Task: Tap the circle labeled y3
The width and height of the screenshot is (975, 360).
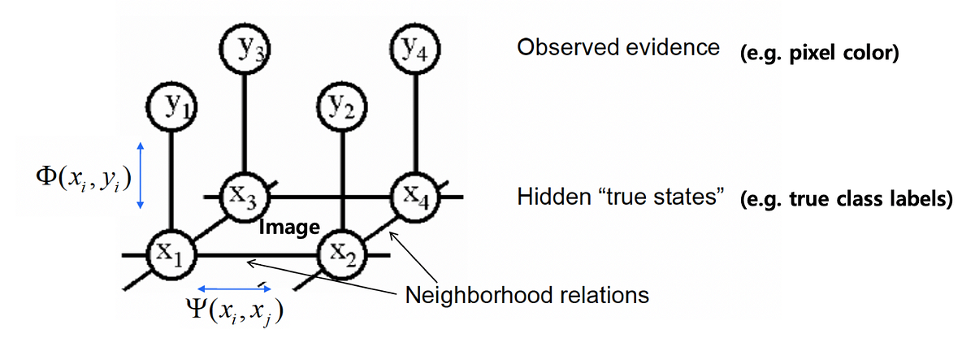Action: pos(245,49)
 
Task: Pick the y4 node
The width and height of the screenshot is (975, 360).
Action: pos(416,50)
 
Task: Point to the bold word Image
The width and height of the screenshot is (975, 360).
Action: pos(288,228)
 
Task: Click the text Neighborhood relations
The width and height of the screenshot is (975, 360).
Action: pos(527,293)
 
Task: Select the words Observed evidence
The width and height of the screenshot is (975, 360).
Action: pos(618,47)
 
